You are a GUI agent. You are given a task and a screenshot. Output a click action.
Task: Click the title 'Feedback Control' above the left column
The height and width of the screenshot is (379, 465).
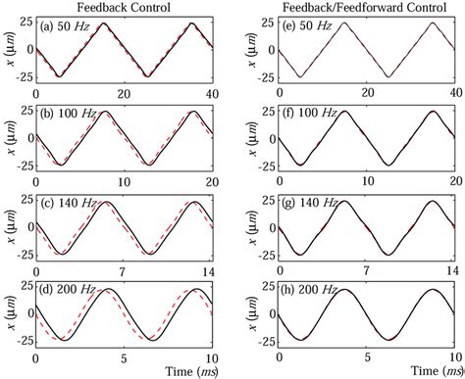(x=130, y=8)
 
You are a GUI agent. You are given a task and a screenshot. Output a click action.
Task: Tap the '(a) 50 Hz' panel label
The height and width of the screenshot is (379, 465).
(x=68, y=27)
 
